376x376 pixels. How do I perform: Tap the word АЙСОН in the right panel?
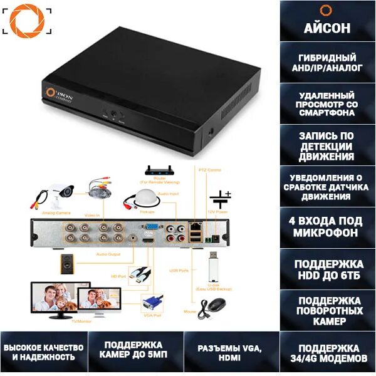click(x=326, y=28)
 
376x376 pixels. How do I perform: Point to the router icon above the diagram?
click(x=159, y=170)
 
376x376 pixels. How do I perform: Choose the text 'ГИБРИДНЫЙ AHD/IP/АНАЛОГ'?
click(x=326, y=62)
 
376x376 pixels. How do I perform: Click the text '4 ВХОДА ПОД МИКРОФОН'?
click(x=326, y=227)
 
